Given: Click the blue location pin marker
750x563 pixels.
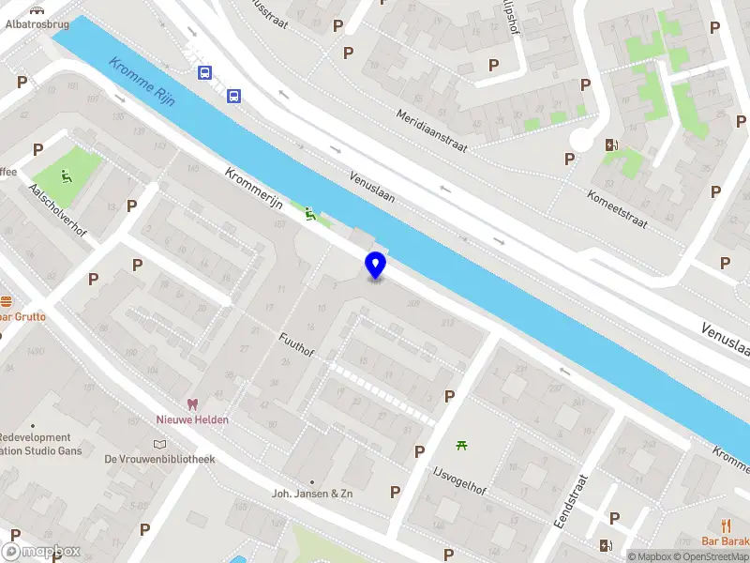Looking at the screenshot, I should coord(375,265).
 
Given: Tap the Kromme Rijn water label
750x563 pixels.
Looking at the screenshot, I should coord(142,82).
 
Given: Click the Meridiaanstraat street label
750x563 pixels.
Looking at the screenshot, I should coord(427,125).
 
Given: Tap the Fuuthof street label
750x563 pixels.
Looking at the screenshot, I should coord(296,349).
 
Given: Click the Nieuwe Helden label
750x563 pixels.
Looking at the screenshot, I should coord(191,419).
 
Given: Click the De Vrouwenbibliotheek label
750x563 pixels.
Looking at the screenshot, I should coord(159,459).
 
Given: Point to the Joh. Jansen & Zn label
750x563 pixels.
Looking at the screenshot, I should coord(312,493).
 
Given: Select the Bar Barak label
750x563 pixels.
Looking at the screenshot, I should coord(726,541).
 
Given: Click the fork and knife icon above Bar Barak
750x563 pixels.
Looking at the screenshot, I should coord(726,525).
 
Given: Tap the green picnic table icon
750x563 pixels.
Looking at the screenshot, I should coord(461,444).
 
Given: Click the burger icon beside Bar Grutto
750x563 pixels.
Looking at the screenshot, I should coord(6,301).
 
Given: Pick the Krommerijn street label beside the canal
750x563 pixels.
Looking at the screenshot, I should coord(254,190).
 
